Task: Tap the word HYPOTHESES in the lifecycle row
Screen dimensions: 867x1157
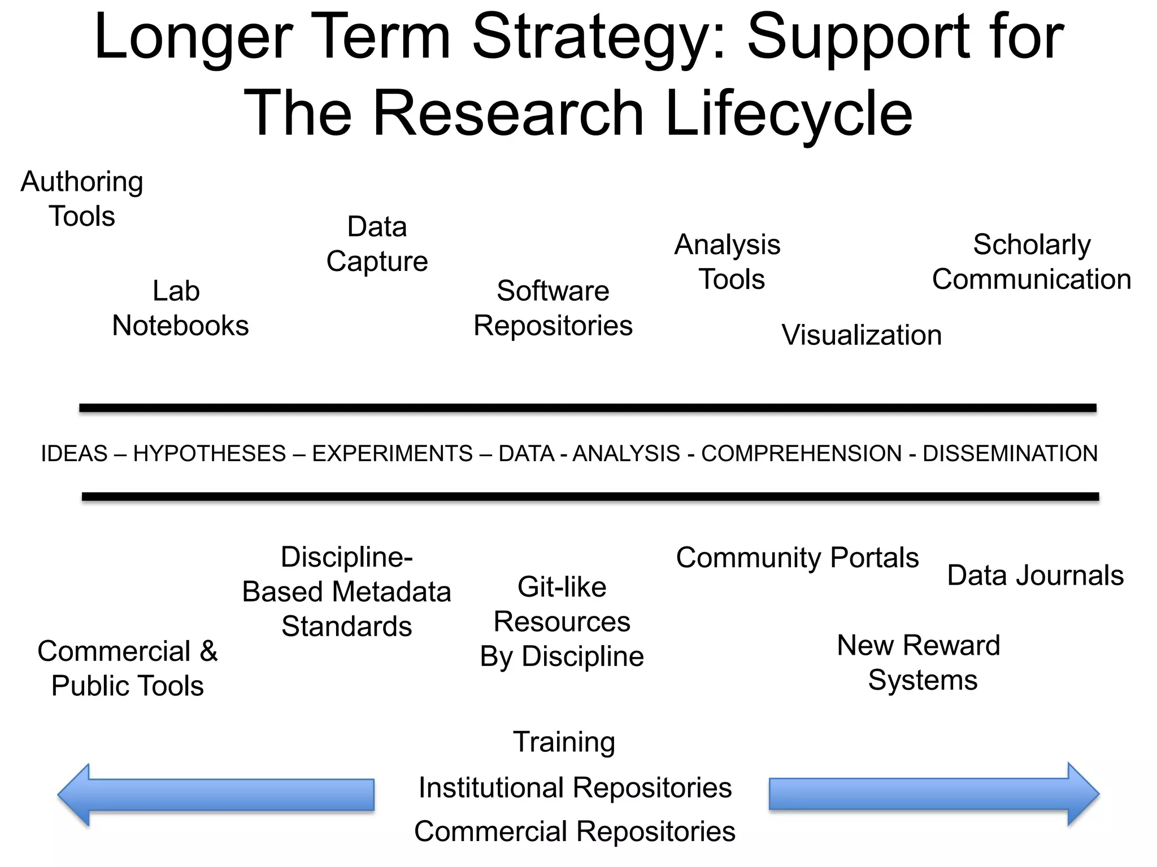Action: tap(210, 454)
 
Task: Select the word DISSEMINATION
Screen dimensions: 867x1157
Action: tap(1010, 454)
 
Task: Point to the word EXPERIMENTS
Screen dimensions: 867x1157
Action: tap(392, 454)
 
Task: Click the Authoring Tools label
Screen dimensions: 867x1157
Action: tap(82, 199)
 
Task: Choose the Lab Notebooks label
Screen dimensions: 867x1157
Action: tap(180, 308)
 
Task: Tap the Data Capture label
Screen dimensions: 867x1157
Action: tap(377, 244)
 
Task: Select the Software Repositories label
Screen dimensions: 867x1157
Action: tap(553, 308)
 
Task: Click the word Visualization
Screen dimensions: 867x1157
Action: tap(862, 335)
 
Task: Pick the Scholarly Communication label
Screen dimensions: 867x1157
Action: tap(1032, 262)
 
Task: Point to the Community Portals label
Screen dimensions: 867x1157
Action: tap(797, 558)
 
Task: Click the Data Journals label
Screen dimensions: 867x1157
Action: tap(1035, 576)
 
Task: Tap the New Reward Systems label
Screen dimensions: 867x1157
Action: tap(919, 663)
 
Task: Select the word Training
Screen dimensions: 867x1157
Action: tap(564, 742)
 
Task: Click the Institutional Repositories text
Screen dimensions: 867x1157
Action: tap(575, 787)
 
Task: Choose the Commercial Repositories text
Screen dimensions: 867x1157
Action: tap(575, 831)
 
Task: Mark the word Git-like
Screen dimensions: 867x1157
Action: tap(562, 587)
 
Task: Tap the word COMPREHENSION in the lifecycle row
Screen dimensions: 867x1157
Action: tap(801, 454)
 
